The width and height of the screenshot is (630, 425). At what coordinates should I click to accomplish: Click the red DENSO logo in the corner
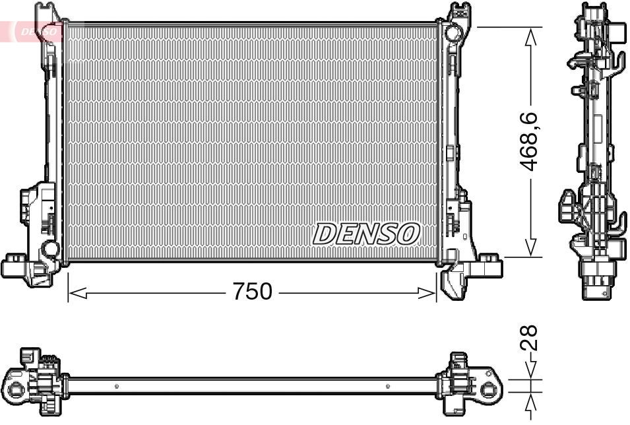click(x=33, y=30)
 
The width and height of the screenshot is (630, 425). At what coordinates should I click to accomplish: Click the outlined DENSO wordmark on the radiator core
click(x=366, y=233)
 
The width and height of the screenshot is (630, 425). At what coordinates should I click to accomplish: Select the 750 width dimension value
click(x=252, y=291)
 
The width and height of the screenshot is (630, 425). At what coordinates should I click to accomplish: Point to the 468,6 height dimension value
click(x=532, y=141)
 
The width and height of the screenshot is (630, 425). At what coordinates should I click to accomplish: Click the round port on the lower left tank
click(x=49, y=249)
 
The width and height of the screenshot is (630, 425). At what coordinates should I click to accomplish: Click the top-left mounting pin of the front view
click(x=45, y=10)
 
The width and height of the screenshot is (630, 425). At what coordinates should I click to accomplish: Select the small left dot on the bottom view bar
click(x=116, y=386)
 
